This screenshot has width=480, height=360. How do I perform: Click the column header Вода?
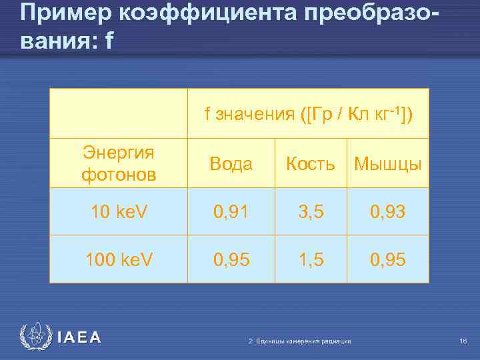click(x=231, y=164)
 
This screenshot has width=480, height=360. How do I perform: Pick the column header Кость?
click(x=311, y=164)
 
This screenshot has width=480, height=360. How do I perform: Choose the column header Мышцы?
click(x=387, y=164)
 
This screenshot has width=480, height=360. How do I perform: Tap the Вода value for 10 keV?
click(x=231, y=211)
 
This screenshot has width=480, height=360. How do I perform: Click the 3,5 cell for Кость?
click(x=311, y=211)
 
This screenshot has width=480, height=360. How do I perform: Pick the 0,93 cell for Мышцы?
click(x=387, y=211)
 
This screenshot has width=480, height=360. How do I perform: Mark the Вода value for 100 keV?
click(x=231, y=258)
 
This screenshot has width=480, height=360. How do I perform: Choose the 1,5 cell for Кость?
click(x=311, y=258)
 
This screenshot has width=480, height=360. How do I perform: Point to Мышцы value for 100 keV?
click(x=387, y=258)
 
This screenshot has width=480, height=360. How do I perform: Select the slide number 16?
click(x=463, y=341)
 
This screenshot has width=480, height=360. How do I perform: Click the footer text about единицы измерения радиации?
click(x=299, y=341)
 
